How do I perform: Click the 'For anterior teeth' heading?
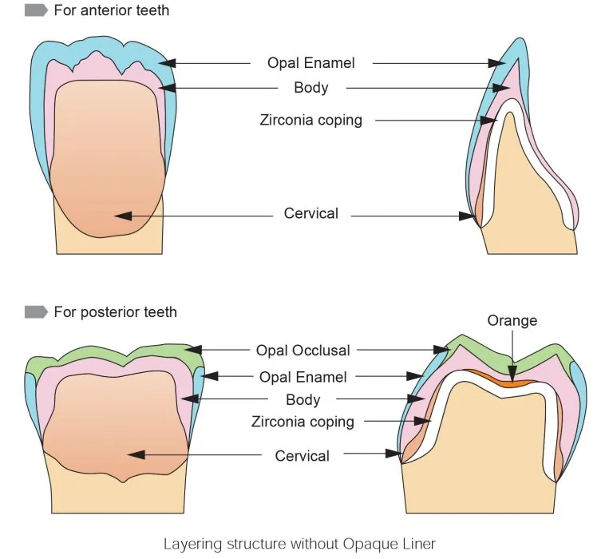pos(112,10)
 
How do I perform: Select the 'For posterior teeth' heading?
pos(115,312)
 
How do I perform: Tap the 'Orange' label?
pos(512,321)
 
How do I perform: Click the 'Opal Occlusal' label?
pos(303,351)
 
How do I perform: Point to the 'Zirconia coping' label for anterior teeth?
pos(311,120)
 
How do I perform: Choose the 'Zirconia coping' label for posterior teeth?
pos(303,422)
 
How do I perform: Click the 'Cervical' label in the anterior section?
pos(311,213)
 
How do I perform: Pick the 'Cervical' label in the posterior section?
pos(303,456)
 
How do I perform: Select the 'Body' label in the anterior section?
pos(311,88)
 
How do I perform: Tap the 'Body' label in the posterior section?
pos(303,400)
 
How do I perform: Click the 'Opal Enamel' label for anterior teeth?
pos(311,63)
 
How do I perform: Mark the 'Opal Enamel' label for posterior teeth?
pos(303,377)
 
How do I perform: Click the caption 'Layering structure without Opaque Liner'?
pos(299,544)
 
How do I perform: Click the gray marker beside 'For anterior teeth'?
pos(36,10)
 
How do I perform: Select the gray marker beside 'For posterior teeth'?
pos(36,312)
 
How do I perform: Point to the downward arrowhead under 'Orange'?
pos(512,373)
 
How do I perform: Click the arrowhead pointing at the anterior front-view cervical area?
pos(123,216)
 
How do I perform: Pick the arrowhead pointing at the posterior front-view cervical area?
pos(136,454)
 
